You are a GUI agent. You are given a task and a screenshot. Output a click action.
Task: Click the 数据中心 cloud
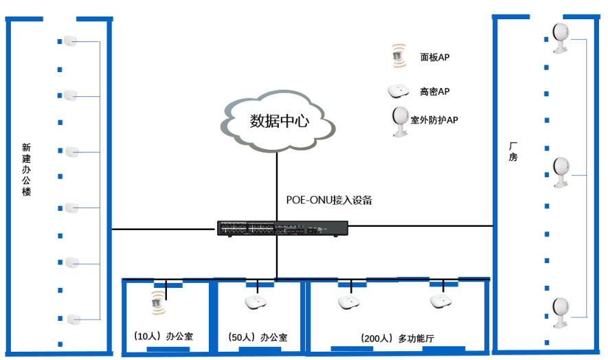(278, 122)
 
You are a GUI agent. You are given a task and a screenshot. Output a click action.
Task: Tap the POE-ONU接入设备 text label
(329, 200)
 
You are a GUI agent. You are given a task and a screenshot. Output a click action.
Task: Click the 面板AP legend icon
(397, 56)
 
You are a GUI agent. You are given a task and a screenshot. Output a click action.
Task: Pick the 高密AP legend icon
(397, 91)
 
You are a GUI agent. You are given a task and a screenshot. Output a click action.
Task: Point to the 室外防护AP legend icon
(398, 122)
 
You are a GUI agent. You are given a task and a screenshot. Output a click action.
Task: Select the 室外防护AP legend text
(434, 120)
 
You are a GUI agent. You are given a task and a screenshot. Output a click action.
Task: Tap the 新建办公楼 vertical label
(26, 169)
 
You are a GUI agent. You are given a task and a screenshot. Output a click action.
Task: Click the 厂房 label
(513, 152)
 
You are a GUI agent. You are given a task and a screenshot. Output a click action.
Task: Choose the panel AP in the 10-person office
(159, 302)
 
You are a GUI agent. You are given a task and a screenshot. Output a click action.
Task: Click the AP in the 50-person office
(256, 303)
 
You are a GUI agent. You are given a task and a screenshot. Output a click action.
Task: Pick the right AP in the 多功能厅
(440, 301)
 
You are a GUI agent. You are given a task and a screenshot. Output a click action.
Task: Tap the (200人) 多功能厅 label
(397, 339)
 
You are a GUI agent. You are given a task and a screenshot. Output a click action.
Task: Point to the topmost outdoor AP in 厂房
(561, 37)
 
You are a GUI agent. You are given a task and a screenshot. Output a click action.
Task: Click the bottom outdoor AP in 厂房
(561, 312)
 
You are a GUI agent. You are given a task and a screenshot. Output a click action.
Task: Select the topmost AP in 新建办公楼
(69, 41)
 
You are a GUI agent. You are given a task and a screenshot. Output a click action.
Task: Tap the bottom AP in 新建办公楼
(73, 319)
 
